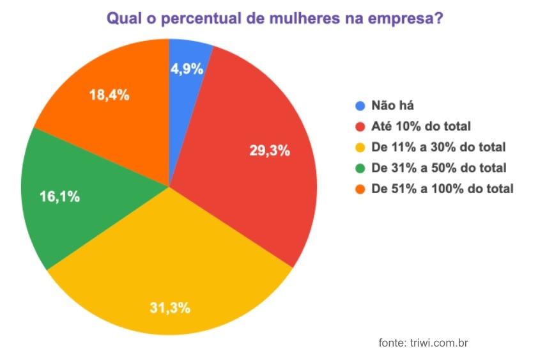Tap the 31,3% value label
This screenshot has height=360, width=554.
click(x=170, y=308)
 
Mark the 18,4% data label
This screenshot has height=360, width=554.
click(x=109, y=95)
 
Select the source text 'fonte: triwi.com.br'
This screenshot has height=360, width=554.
click(x=424, y=343)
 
